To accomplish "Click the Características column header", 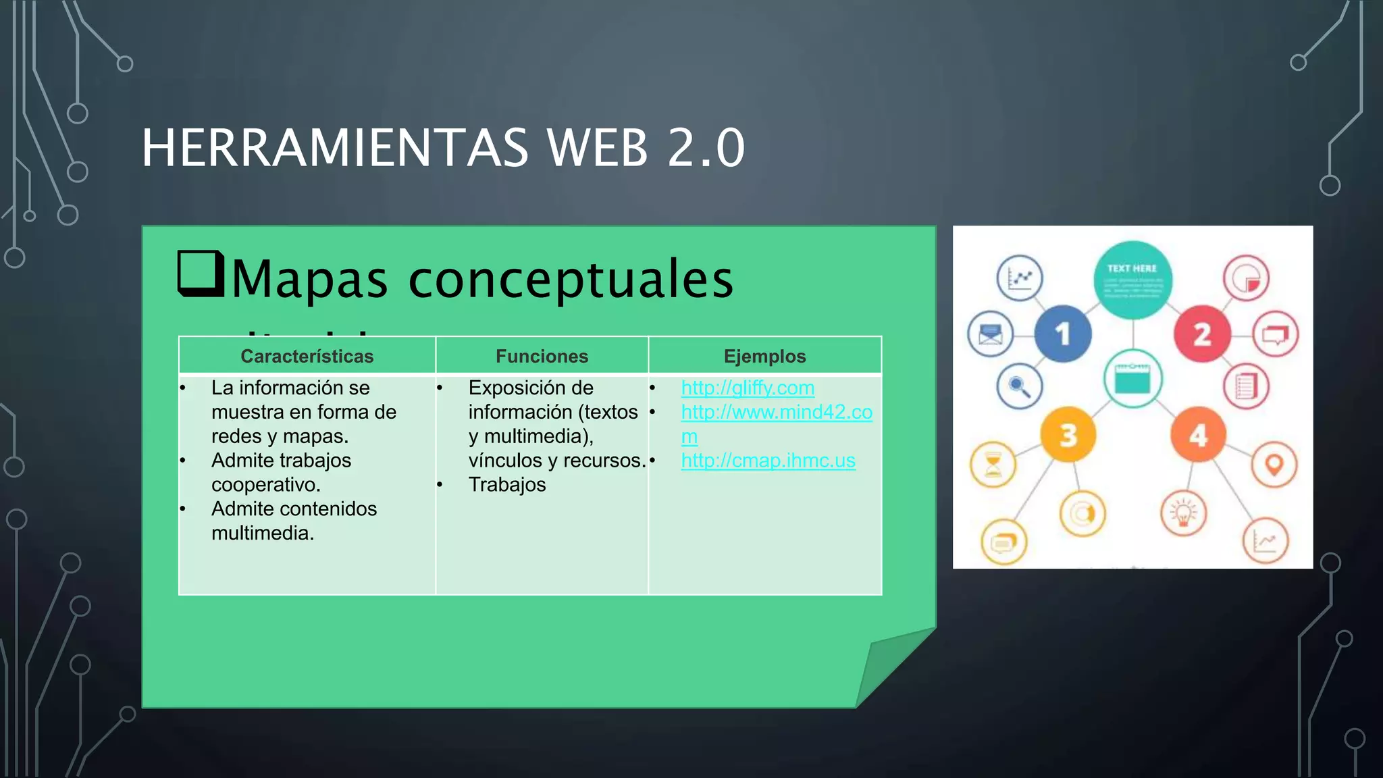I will pos(307,356).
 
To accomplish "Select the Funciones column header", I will pos(542,356).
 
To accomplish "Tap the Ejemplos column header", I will pos(764,356).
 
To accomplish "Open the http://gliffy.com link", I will pos(748,388).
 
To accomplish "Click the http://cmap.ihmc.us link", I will pos(768,461).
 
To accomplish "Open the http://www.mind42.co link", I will pos(777,412).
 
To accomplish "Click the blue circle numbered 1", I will pos(1063,334).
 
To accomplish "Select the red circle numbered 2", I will pos(1202,334).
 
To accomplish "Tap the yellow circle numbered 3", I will pos(1068,436).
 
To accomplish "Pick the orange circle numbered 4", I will pos(1198,436).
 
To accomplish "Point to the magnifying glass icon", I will pos(1019,386).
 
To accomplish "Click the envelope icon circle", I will pos(990,334).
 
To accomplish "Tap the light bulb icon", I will pos(1183,513).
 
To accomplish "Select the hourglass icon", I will pos(993,465).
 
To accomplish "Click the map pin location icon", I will pos(1274,465).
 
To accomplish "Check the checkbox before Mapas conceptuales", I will pos(201,274).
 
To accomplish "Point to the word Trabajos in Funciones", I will pos(507,485).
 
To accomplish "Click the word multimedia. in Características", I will pos(263,534).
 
